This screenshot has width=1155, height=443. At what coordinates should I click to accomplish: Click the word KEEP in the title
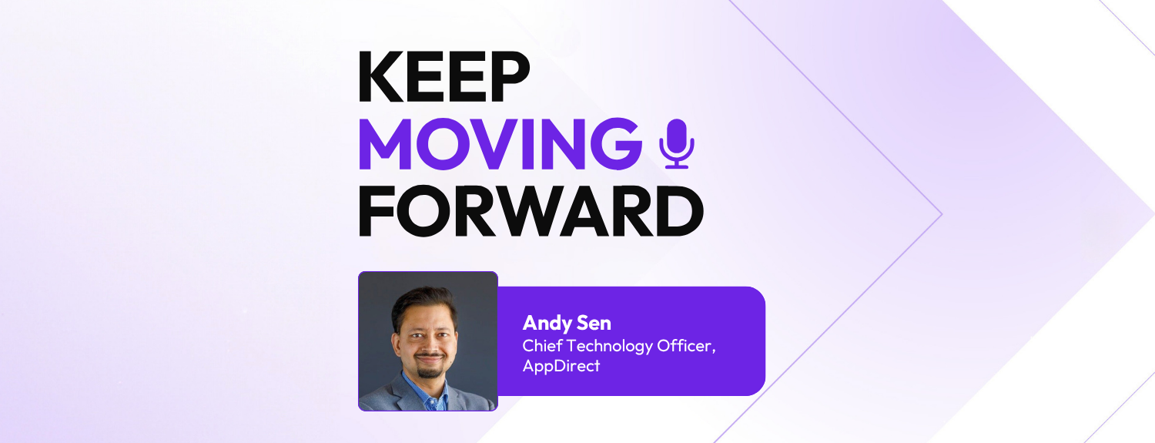tap(444, 78)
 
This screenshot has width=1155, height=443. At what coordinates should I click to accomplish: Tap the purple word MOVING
tap(500, 145)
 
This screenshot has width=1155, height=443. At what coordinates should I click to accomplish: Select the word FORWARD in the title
tap(531, 212)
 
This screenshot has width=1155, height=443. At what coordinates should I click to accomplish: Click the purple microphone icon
tap(677, 144)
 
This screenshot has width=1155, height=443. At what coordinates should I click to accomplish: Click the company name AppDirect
tap(561, 366)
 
